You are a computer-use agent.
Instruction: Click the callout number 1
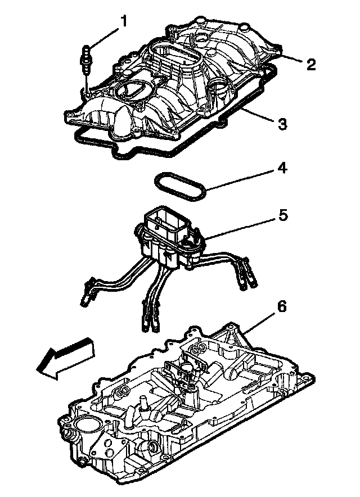pyautogui.click(x=123, y=21)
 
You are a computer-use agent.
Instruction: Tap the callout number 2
pyautogui.click(x=310, y=64)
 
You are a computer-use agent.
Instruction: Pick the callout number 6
pyautogui.click(x=282, y=306)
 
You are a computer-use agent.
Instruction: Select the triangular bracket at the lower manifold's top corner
pyautogui.click(x=229, y=337)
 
